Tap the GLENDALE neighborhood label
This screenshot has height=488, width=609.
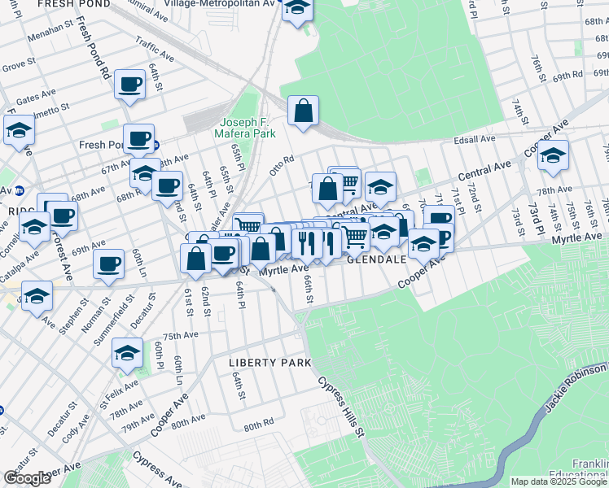click(x=376, y=259)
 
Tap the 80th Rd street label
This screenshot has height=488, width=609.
click(x=257, y=425)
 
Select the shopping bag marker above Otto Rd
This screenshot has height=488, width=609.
click(x=303, y=112)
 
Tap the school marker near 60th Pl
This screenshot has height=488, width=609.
click(x=127, y=352)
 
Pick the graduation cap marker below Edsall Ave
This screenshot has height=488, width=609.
click(x=553, y=155)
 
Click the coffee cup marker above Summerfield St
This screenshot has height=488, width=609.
click(x=109, y=264)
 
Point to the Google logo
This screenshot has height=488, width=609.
click(x=27, y=478)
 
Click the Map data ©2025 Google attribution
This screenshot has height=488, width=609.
click(x=559, y=481)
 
